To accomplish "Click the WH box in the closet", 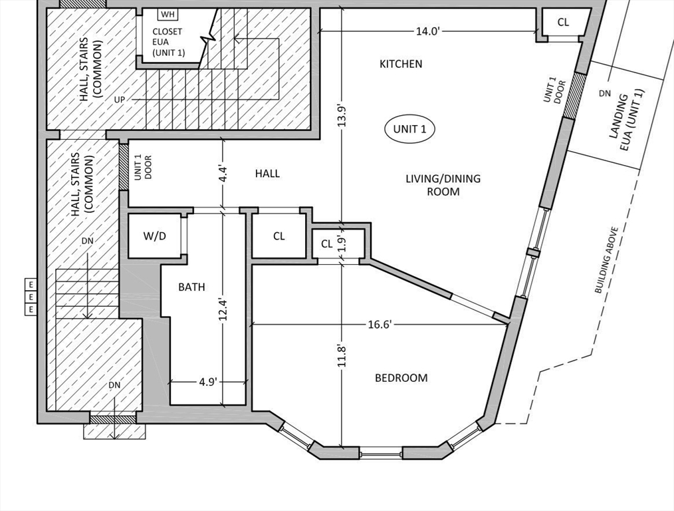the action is pyautogui.click(x=168, y=15).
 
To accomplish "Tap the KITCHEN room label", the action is pyautogui.click(x=401, y=64).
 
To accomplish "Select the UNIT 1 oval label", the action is pyautogui.click(x=409, y=128).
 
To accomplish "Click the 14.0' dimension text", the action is pyautogui.click(x=427, y=31).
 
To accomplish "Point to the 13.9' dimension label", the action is pyautogui.click(x=342, y=115).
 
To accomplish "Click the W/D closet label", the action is pyautogui.click(x=154, y=236).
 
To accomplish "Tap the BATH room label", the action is pyautogui.click(x=191, y=287).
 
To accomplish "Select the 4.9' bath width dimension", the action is pyautogui.click(x=208, y=381).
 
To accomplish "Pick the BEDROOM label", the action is pyautogui.click(x=401, y=378).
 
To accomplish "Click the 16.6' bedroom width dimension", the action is pyautogui.click(x=380, y=324).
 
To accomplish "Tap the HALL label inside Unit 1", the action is pyautogui.click(x=267, y=174).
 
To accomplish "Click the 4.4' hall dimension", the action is pyautogui.click(x=223, y=172).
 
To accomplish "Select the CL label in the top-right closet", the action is pyautogui.click(x=563, y=22).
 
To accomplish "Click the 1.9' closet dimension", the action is pyautogui.click(x=342, y=243).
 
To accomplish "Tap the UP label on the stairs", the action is pyautogui.click(x=120, y=100).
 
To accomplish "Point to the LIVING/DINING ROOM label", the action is pyautogui.click(x=443, y=185).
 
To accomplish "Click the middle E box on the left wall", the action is pyautogui.click(x=31, y=297).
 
